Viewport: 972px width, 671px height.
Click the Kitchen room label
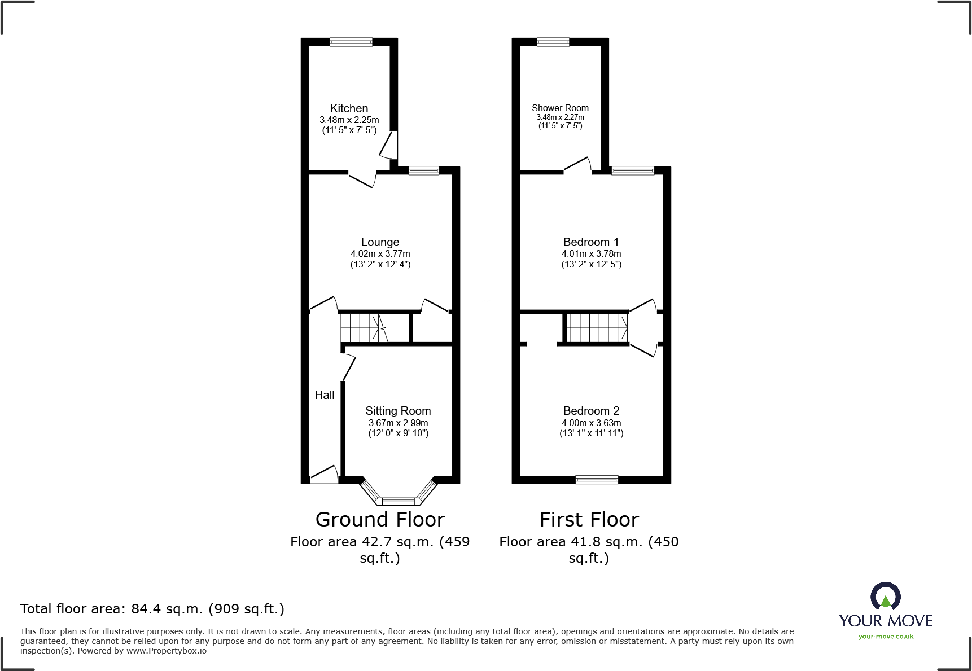click(349, 108)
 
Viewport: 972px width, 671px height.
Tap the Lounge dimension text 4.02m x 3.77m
click(380, 254)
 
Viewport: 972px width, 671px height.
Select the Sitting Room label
click(398, 411)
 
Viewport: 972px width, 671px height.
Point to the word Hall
click(325, 395)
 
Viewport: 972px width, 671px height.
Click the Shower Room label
click(560, 108)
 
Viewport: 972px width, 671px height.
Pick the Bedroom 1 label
click(590, 242)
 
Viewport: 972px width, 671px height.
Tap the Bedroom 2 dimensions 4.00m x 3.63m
click(591, 423)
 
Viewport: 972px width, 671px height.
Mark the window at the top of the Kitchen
click(351, 42)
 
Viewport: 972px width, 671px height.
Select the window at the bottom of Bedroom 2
click(597, 480)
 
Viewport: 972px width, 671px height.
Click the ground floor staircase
click(364, 327)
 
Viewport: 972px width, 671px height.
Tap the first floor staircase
click(597, 327)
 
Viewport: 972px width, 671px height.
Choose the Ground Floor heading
click(380, 519)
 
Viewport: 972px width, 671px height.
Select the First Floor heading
click(589, 519)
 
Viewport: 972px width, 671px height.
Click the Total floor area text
click(152, 609)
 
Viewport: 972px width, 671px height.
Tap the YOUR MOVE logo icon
click(885, 597)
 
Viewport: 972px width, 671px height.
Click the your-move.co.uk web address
click(886, 637)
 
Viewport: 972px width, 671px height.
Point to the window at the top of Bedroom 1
click(632, 170)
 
